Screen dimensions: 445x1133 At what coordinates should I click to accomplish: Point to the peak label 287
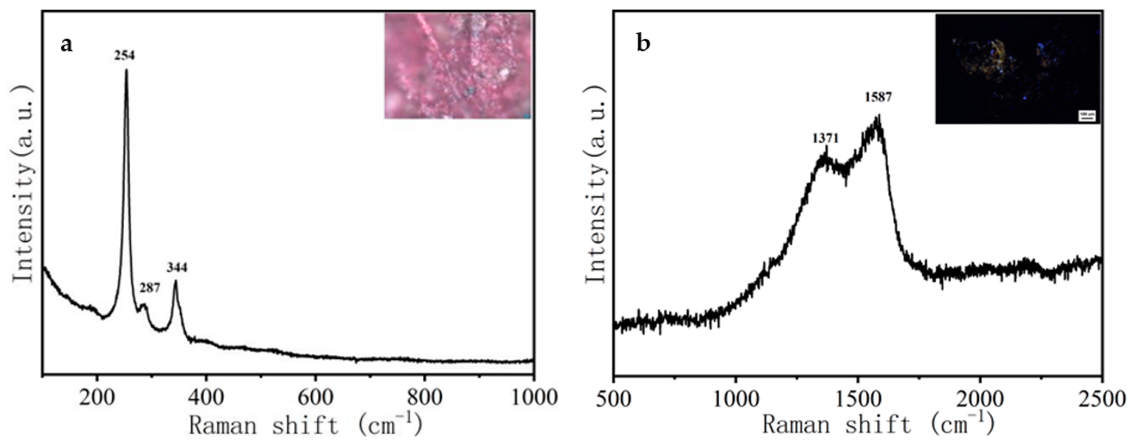(150, 288)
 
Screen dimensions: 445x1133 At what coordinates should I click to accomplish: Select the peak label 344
(177, 267)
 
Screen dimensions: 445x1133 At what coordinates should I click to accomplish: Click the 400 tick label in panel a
(206, 398)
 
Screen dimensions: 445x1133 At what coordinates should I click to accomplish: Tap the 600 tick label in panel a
(315, 398)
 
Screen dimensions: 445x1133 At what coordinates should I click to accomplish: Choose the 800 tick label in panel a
(424, 398)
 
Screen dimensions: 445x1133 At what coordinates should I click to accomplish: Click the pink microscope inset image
(457, 66)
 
